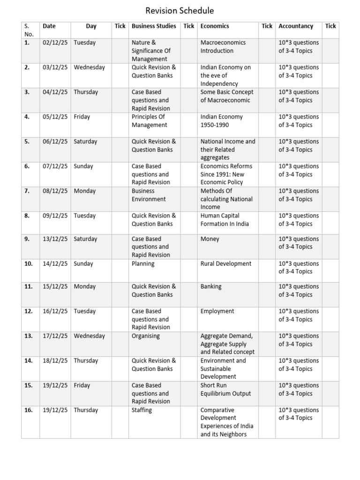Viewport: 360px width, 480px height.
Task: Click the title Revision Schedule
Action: [180, 11]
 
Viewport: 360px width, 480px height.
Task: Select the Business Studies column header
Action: [154, 26]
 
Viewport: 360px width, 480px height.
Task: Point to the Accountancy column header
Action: [296, 26]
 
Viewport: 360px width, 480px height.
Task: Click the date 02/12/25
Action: [55, 43]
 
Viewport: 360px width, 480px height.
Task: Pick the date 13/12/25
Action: [55, 239]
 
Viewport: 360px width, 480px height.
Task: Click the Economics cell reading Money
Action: [210, 239]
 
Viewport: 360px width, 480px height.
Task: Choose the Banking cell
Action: [211, 286]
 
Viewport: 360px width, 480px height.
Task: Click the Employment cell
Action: [217, 311]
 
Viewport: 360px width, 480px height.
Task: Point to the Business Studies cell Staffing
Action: [142, 410]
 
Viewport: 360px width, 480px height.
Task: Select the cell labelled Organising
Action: [146, 336]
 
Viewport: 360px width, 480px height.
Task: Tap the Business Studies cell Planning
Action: [143, 264]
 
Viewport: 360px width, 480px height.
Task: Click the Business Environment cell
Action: [149, 195]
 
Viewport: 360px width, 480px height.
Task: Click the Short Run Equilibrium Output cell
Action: [225, 390]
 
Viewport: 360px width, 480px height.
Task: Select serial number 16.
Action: [29, 410]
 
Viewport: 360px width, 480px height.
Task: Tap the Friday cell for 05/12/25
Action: [82, 117]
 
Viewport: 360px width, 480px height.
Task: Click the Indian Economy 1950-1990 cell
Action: [222, 121]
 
